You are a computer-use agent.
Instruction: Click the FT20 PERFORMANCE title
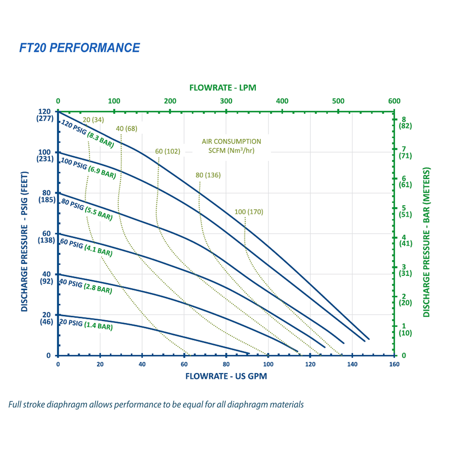coord(79,48)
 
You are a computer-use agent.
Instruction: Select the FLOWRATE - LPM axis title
coord(223,87)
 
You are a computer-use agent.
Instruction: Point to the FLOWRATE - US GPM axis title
coord(226,376)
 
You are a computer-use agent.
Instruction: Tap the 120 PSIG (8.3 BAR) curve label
coord(87,134)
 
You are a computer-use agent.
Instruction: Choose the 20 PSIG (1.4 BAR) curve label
coord(85,324)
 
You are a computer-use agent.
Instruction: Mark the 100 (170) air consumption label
coord(249,212)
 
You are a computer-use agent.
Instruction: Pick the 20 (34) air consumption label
coord(93,120)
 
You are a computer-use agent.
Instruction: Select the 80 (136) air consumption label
coord(208,174)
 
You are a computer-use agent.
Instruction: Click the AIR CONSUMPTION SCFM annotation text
coord(232,145)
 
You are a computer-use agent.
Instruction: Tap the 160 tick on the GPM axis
coord(394,364)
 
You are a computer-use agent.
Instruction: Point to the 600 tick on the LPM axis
coord(394,101)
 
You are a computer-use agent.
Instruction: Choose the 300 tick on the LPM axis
coord(226,101)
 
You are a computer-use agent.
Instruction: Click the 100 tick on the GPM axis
coord(268,364)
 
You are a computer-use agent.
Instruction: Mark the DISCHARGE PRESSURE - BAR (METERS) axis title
coord(427,243)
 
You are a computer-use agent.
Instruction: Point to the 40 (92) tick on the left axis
coord(46,278)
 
